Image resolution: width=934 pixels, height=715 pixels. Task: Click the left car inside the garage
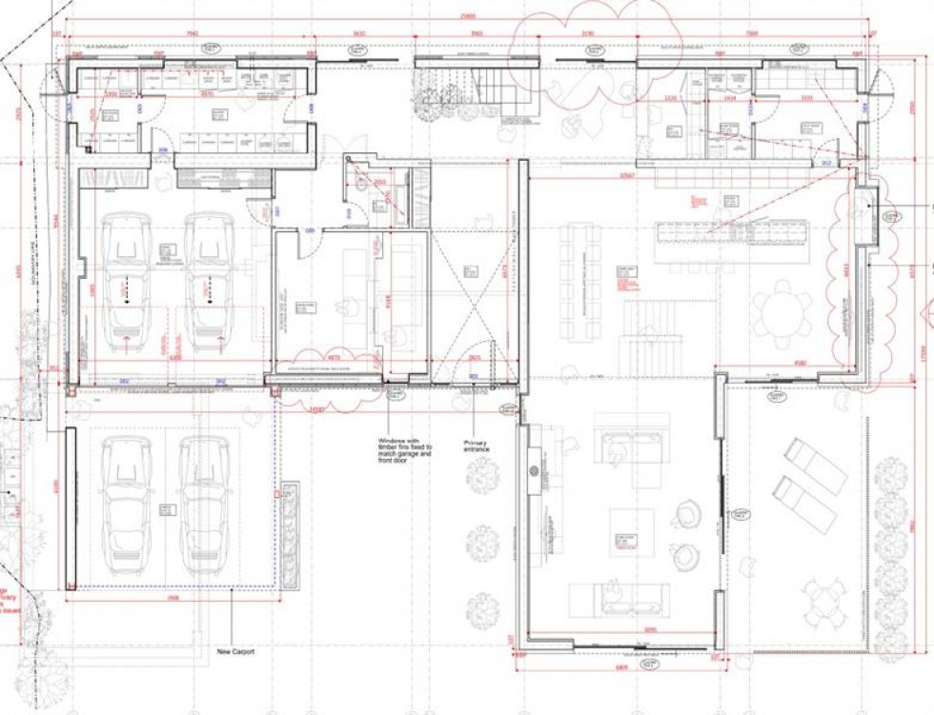(126, 282)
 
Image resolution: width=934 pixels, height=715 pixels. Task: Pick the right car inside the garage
(209, 282)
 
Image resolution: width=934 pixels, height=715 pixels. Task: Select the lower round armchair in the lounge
(685, 557)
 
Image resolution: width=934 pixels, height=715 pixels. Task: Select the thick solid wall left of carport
(70, 508)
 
